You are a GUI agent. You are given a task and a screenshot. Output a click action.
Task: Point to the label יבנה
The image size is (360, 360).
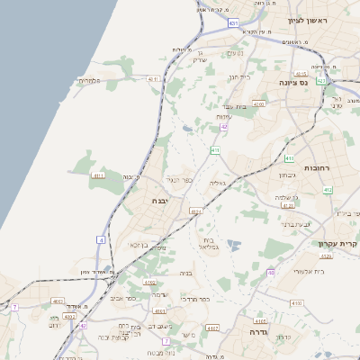click(160, 201)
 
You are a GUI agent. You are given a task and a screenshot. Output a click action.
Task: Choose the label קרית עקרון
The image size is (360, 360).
click(338, 244)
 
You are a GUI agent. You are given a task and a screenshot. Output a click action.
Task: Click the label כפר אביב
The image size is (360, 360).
click(123, 297)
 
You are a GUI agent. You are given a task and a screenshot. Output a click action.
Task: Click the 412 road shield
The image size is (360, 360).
click(328, 190)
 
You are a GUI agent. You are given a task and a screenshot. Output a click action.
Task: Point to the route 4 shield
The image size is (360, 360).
click(102, 240)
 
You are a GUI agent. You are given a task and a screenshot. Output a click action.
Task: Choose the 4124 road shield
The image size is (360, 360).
click(196, 211)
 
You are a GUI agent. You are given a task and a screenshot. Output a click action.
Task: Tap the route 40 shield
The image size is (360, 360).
click(271, 272)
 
